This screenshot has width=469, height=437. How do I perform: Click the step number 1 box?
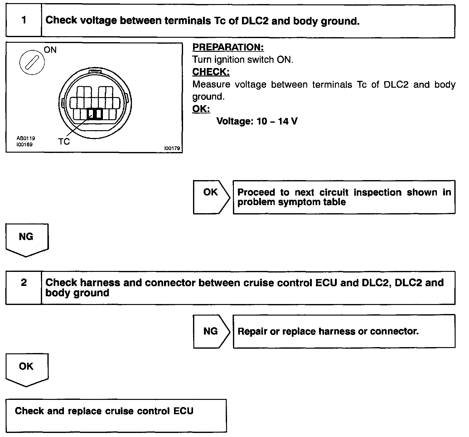coord(24,21)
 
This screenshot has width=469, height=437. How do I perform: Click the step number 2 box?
coord(24,287)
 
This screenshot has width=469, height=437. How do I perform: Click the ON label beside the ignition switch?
coord(50,50)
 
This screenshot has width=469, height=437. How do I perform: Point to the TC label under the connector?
coord(64,142)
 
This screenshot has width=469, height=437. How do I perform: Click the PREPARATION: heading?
coord(228,47)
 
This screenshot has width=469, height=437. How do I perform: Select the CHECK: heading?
coord(211,72)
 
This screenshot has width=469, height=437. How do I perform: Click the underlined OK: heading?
coord(201,109)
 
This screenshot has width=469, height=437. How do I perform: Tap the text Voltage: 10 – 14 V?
coord(257,121)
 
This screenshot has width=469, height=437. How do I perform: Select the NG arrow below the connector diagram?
coord(27,239)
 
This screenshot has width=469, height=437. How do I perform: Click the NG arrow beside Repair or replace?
coord(211,331)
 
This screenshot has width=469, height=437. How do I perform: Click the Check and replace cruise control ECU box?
coord(116,415)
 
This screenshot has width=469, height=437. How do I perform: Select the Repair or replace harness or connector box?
coord(344,331)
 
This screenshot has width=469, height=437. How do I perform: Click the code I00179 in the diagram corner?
coord(172,149)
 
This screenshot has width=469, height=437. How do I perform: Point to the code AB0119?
coord(26,138)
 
